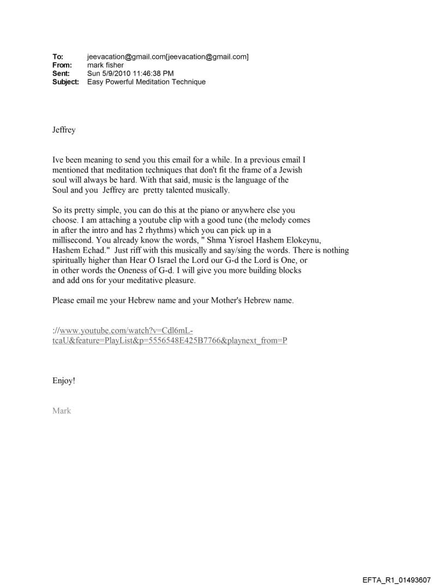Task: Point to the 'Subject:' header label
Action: click(x=65, y=82)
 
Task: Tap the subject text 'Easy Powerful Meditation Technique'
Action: click(x=146, y=82)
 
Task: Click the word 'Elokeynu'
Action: click(x=299, y=240)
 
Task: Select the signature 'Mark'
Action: click(x=62, y=411)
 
